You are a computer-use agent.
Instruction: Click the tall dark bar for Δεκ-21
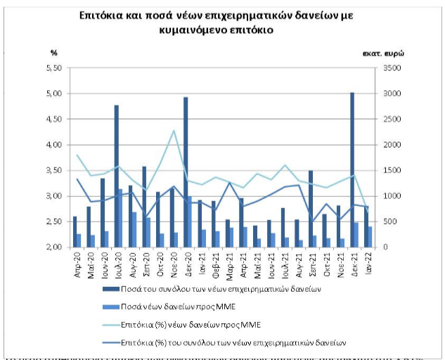pos(352,169)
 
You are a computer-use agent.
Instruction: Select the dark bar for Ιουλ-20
pos(116,176)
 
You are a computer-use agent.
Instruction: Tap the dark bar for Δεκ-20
pos(186,172)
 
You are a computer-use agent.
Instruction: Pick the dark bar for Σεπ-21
pos(310,208)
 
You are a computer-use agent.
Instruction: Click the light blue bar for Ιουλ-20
pos(121,218)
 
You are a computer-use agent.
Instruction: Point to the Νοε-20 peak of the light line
pos(174,131)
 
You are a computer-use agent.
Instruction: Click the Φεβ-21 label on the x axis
pos(216,262)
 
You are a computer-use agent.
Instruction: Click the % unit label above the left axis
pos(53,53)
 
